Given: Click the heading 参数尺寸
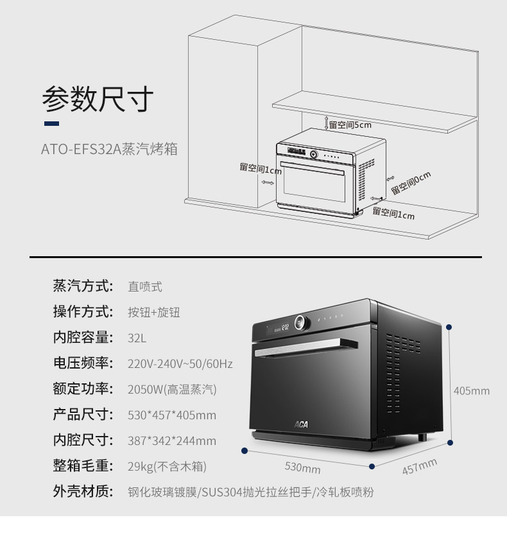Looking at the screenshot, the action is pos(98,99).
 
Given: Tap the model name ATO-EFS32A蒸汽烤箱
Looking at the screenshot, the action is pos(109,149).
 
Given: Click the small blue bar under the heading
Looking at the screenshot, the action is pos(51,123).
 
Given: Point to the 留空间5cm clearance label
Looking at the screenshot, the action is pos(350,125).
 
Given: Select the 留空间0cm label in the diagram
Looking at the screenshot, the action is pos(411,183).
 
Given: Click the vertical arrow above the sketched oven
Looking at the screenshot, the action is pos(326,123).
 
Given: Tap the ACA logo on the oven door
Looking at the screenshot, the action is pos(301,424).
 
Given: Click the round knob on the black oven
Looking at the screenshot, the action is pos(302,322).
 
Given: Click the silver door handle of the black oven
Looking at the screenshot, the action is pos(306,347).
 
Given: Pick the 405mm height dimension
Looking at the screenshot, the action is pos(471,391).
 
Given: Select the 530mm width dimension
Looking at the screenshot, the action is pos(302,467).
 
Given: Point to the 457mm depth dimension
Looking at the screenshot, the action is pos(420,466).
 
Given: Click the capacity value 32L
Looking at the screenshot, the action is pos(137,338).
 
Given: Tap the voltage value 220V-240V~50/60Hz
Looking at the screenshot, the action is pos(180,364).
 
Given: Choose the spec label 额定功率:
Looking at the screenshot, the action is pos(83,388).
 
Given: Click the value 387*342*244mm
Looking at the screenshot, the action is pos(172,441).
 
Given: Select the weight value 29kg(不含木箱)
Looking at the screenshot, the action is pos(168,466).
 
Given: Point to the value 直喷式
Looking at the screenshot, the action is pos(145,287).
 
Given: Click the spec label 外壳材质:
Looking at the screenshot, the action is pos(83,491).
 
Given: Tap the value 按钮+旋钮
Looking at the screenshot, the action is pos(154,312).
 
